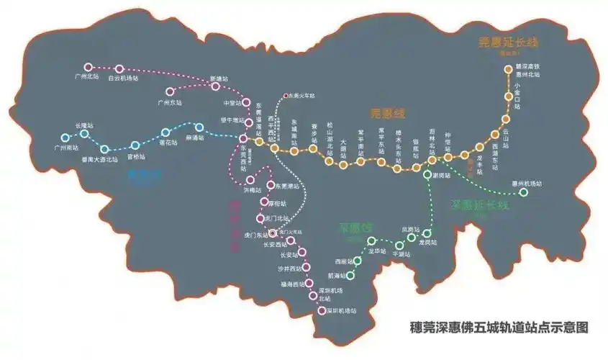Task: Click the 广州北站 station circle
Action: point(89,67)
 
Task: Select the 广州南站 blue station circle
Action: point(65,137)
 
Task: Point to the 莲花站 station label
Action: point(165,143)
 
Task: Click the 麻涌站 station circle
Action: point(199,127)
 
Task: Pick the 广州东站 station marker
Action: point(171,92)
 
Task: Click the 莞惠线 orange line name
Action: point(387,114)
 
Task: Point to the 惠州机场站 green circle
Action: point(524,192)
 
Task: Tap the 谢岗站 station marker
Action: point(431,175)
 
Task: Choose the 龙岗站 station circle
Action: point(427,233)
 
